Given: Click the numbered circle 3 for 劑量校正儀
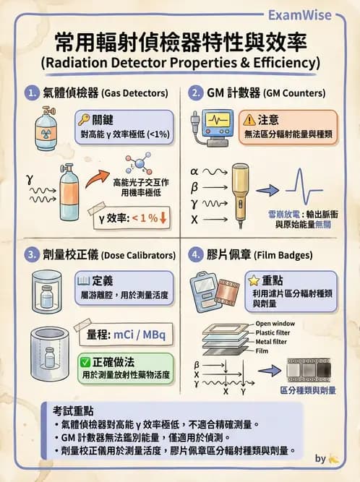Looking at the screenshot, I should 32,255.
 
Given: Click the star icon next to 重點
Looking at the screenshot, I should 254,280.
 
